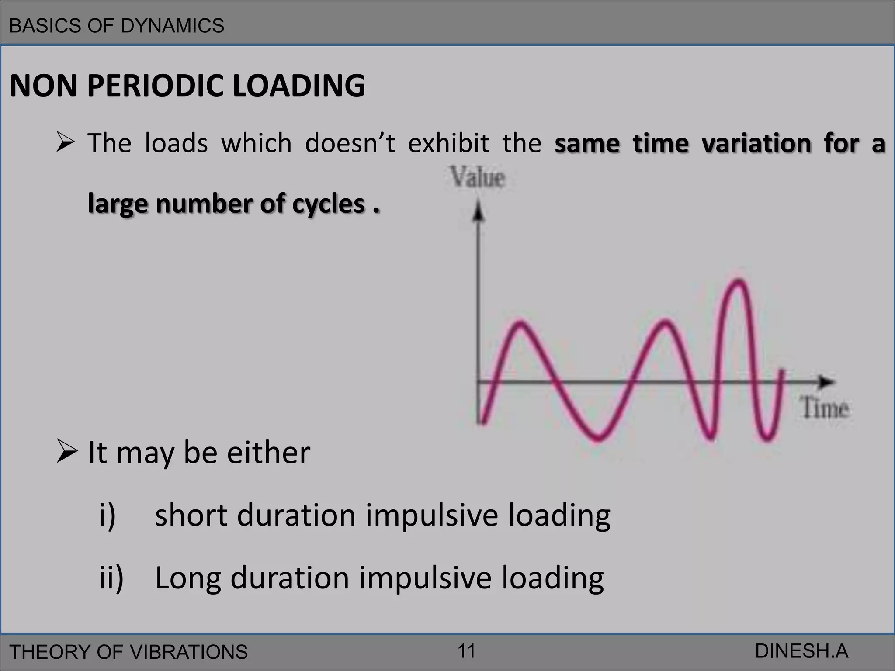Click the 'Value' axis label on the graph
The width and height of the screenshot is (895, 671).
(478, 178)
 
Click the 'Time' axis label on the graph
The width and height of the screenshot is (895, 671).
(825, 408)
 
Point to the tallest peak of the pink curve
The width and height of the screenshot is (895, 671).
(739, 282)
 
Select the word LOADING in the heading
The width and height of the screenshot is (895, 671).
(299, 86)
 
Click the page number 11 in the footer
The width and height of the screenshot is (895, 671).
(466, 651)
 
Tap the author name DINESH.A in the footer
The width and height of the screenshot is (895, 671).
(801, 651)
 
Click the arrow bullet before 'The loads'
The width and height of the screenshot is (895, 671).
(66, 143)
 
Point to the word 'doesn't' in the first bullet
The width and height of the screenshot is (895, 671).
(350, 143)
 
